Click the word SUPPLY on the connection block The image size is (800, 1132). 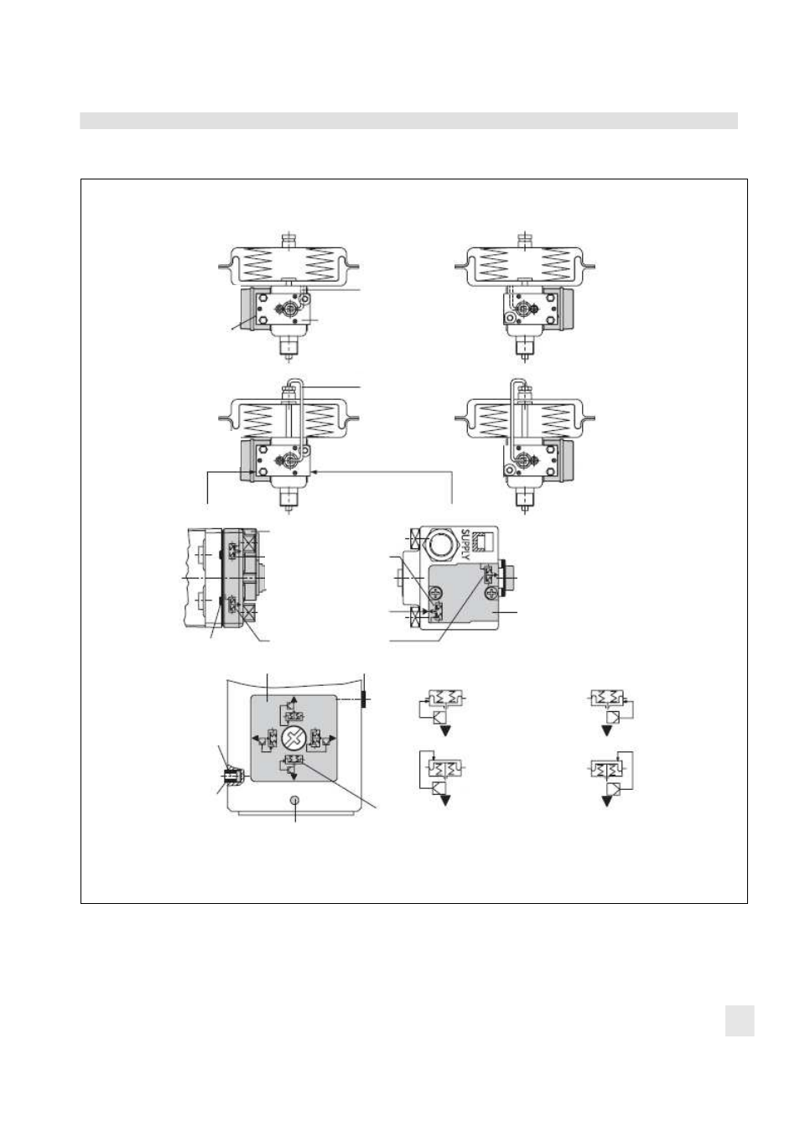466,543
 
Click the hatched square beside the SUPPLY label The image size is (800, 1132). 486,543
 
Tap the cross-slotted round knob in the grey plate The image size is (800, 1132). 294,740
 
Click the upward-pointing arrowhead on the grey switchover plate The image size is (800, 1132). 294,699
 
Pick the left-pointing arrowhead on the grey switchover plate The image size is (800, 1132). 255,739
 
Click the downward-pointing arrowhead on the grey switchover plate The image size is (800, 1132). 294,776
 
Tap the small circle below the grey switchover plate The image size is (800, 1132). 295,800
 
